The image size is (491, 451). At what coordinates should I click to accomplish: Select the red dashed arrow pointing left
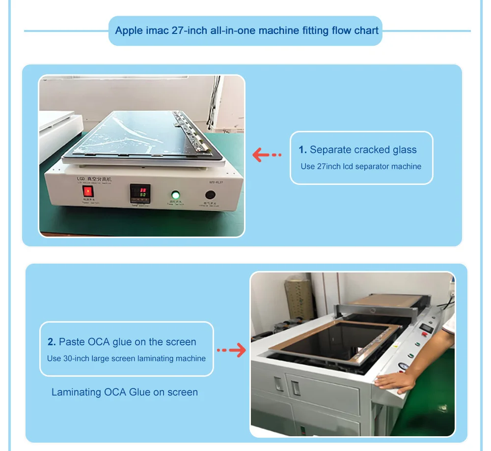267,155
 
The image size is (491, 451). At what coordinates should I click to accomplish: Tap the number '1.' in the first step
302,150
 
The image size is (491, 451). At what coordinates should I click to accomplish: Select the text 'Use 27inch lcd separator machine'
361,166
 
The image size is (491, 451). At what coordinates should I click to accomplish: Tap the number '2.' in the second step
52,342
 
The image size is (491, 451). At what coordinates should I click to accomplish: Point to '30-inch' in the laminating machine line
76,359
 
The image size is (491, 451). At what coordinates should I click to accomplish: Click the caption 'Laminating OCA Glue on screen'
125,392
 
